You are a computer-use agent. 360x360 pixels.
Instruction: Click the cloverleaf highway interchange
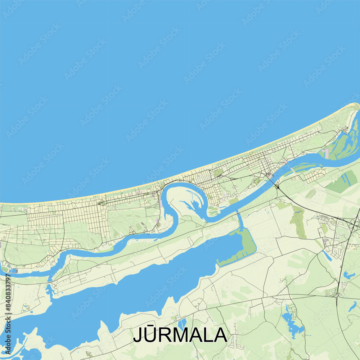[x=355, y=225]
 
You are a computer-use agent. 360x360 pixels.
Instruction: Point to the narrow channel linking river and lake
[x=240, y=221]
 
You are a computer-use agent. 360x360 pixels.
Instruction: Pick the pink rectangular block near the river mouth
[x=326, y=153]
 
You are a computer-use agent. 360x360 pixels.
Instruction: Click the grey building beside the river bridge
[x=269, y=176]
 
